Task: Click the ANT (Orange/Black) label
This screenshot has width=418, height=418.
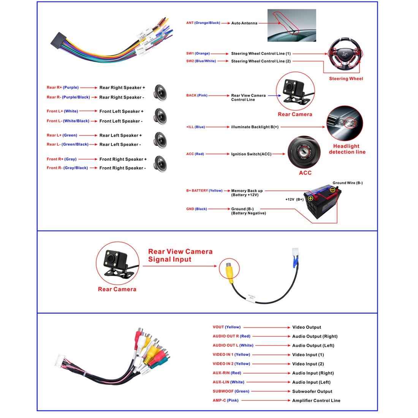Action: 203,23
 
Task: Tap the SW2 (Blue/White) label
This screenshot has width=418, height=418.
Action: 201,61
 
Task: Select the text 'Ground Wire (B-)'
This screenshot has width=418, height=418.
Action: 347,183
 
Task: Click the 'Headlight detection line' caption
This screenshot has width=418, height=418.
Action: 347,149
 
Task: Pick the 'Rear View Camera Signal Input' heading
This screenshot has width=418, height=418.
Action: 180,255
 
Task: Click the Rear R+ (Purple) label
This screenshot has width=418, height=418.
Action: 62,88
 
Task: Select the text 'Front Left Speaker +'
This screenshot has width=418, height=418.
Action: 122,111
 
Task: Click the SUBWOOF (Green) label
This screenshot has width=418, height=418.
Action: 230,391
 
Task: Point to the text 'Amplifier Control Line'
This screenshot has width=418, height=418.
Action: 316,401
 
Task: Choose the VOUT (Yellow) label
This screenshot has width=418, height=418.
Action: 226,327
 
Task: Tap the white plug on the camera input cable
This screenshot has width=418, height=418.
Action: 296,252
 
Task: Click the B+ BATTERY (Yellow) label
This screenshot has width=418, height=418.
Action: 204,191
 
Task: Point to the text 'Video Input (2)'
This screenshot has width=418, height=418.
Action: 308,364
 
